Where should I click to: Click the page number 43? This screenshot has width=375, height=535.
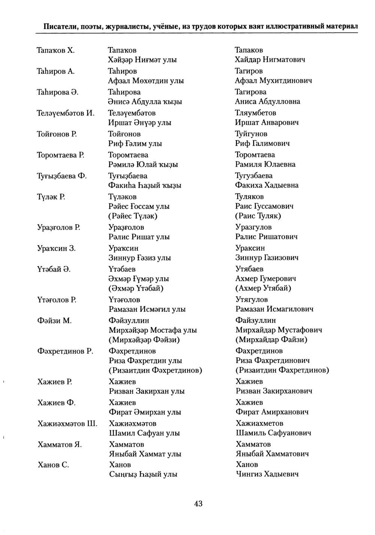pos(198,504)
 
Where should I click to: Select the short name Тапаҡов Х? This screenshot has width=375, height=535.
pos(56,50)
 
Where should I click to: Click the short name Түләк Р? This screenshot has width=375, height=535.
pos(51,197)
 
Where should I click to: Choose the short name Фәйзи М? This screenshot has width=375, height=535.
pos(55,320)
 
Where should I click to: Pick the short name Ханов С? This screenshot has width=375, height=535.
pos(53,465)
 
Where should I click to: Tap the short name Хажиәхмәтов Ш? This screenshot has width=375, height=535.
pos(67,423)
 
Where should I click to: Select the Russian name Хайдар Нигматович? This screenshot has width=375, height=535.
pos(270,60)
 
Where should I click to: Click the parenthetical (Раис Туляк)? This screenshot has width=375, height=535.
pos(258,216)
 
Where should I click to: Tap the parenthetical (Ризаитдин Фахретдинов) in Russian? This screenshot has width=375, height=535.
pos(282,370)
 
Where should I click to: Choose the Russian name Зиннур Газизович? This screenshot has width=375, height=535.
pos(267,258)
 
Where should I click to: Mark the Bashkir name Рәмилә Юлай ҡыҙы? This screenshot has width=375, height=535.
pos(143,164)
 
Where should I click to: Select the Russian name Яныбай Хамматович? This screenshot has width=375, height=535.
pos(272,454)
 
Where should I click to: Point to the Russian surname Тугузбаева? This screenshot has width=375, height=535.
pos(254,176)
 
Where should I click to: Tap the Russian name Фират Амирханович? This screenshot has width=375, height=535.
pos(272,412)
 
